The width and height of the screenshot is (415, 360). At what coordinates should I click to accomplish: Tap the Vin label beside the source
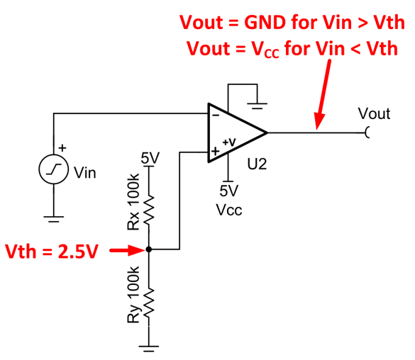(x=84, y=173)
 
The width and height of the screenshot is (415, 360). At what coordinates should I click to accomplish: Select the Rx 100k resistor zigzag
(x=149, y=210)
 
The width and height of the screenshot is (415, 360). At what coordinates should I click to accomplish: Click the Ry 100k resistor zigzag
(x=149, y=303)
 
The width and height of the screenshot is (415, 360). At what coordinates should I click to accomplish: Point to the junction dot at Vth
(x=149, y=249)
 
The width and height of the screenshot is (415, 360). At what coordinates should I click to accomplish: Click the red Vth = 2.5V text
(x=52, y=251)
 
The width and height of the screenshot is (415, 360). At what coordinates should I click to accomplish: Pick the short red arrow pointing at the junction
(x=128, y=249)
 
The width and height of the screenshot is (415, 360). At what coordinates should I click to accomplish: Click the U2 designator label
(x=257, y=164)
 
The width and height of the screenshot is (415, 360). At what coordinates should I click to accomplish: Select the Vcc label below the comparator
(x=229, y=210)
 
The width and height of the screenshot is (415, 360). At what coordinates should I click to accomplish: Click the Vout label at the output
(x=374, y=113)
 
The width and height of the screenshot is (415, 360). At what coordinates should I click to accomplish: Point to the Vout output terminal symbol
(x=367, y=133)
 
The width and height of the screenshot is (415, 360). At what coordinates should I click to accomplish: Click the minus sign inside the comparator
(x=216, y=116)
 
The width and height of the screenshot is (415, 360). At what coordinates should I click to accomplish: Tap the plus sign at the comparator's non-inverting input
(x=216, y=151)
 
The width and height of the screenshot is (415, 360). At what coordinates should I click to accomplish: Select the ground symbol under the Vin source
(x=54, y=219)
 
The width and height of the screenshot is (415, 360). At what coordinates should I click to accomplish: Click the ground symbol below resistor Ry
(x=149, y=349)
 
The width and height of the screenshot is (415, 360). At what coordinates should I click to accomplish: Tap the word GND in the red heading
(x=265, y=22)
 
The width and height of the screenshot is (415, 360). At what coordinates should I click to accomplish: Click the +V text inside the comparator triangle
(x=229, y=142)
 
